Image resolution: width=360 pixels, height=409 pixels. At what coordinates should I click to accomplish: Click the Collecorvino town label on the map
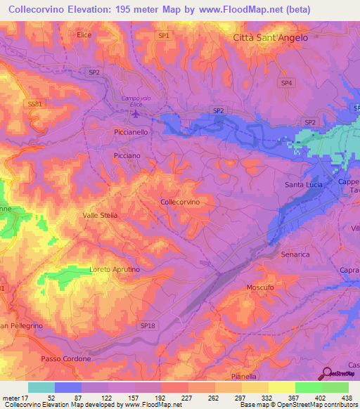181,202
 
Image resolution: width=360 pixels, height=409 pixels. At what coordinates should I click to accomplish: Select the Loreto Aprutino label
115,270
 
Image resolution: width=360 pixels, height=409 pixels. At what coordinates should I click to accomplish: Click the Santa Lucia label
304,185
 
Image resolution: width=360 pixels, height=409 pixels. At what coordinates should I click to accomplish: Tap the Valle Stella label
100,215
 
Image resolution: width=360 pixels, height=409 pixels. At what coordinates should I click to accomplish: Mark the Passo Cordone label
66,359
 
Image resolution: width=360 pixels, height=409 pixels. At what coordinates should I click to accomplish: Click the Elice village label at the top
84,34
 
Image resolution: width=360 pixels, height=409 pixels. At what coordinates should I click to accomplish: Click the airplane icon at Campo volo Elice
136,113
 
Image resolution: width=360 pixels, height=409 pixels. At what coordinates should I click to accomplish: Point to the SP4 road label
286,82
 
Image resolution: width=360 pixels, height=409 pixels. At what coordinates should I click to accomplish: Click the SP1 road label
164,34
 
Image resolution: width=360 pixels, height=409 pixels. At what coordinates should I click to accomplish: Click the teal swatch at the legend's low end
41,387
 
